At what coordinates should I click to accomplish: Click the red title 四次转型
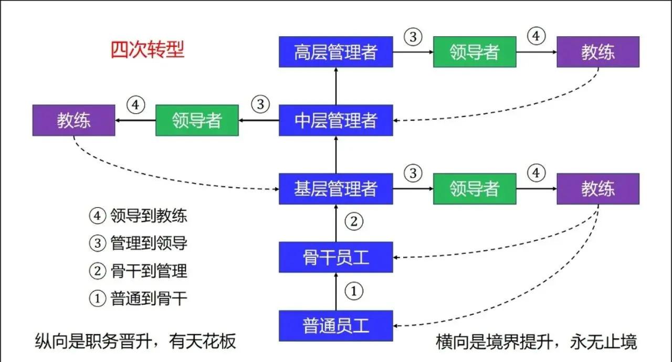point(148,50)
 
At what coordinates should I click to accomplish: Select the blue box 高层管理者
point(335,52)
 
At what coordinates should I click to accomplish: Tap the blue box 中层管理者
point(335,121)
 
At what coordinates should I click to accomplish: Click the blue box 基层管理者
point(335,189)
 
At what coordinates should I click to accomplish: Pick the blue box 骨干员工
point(335,257)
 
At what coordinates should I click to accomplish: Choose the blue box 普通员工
point(335,326)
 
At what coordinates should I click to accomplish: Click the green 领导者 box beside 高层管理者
point(474,52)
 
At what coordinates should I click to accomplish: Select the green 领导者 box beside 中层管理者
point(197,121)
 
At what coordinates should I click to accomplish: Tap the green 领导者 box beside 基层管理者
point(474,189)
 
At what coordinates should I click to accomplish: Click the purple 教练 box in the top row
point(597,52)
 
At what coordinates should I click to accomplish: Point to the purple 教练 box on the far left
point(73,121)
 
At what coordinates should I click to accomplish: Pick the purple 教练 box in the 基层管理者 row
point(597,189)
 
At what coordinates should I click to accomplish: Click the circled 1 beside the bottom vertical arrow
point(354,291)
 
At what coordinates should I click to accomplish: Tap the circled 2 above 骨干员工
point(354,222)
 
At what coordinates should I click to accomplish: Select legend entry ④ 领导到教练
point(138,216)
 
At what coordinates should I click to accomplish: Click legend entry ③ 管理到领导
point(138,243)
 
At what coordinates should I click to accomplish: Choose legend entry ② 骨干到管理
point(138,271)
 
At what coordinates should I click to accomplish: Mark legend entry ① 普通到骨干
point(138,299)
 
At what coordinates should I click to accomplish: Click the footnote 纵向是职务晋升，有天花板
point(135,342)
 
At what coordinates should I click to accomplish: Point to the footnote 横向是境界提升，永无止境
point(536,342)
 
